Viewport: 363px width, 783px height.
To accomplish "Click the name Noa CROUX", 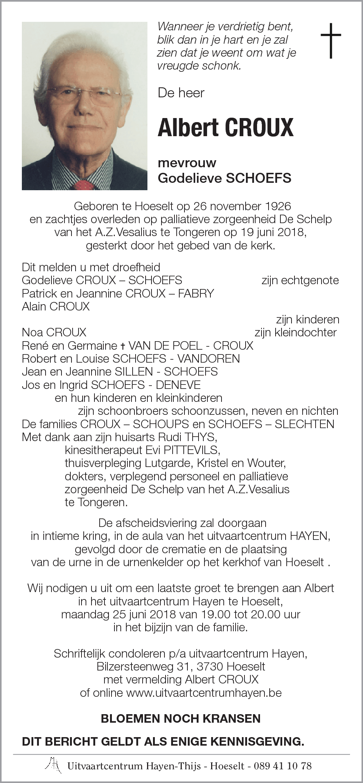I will [x=54, y=332].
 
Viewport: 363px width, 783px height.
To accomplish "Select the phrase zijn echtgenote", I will [x=300, y=280].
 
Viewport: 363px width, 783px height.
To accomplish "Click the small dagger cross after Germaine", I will [x=123, y=346].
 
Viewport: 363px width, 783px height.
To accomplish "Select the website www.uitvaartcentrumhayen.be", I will [x=204, y=692].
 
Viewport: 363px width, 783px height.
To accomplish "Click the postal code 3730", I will [x=210, y=666].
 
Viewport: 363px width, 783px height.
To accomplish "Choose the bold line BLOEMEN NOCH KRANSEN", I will [x=181, y=718].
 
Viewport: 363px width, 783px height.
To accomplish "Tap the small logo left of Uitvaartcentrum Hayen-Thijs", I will [x=54, y=764].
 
